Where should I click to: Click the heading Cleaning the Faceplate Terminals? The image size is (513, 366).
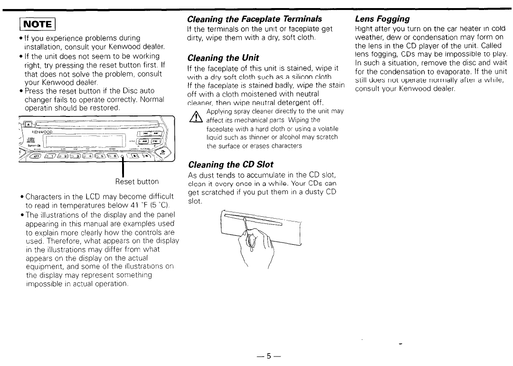pos(255,19)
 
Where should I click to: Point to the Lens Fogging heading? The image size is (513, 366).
pos(382,19)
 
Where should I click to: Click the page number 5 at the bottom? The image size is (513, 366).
pos(268,356)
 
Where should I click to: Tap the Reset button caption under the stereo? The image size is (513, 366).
pos(137,182)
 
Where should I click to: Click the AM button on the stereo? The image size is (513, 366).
pos(143,141)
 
